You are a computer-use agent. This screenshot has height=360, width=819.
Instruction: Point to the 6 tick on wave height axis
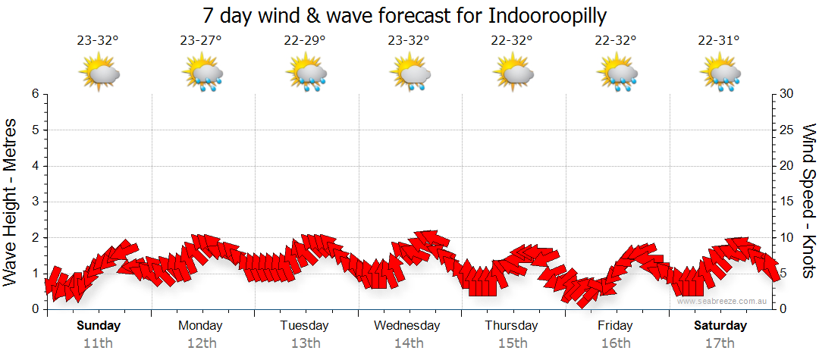point(35,94)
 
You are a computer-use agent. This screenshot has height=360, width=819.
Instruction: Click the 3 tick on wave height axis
point(35,202)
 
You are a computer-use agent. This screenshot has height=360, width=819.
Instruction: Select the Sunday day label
point(99,326)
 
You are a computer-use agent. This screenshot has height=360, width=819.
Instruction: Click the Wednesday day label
point(407,326)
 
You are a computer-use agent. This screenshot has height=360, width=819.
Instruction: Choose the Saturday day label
point(720,326)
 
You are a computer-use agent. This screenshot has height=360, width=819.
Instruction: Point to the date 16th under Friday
point(615,343)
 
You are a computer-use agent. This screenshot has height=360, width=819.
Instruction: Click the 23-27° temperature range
point(201,41)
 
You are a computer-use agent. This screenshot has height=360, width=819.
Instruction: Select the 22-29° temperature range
point(305,41)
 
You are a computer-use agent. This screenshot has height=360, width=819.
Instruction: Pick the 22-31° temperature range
point(719,41)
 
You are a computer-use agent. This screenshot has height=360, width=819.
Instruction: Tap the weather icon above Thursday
point(513,73)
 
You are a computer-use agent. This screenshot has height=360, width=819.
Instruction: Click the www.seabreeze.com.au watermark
point(723,301)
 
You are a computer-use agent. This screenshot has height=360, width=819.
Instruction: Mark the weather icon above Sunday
point(99,73)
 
